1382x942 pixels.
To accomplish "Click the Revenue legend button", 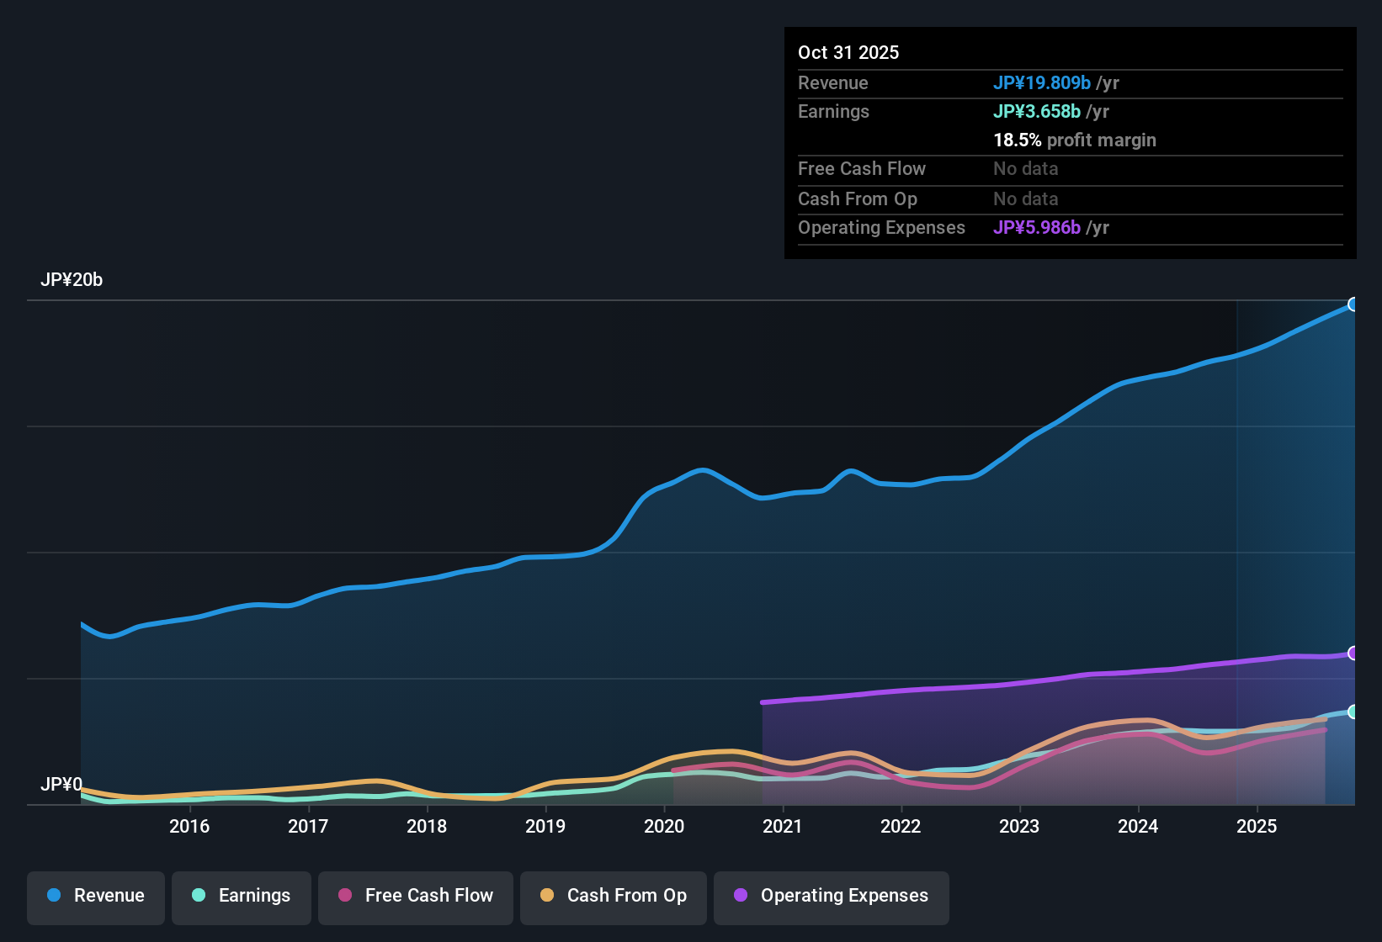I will (96, 896).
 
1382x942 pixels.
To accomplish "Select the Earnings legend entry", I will (242, 896).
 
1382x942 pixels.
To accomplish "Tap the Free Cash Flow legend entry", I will (416, 896).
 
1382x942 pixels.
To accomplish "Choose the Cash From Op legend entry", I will (614, 896).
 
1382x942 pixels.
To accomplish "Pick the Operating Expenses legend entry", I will (832, 896).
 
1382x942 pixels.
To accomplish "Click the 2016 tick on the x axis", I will (189, 827).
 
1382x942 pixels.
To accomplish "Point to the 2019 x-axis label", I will (545, 827).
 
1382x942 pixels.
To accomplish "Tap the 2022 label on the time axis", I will (901, 827).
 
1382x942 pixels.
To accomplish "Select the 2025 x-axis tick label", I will (1257, 827).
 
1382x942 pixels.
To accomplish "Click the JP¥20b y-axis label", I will (72, 280).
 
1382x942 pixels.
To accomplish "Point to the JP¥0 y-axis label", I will (61, 785).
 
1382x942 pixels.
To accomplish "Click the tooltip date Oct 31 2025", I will (848, 53).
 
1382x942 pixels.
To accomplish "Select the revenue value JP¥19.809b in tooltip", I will (1042, 83).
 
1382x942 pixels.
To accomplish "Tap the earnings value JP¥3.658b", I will (1037, 112).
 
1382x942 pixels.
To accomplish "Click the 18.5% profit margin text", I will (1075, 140).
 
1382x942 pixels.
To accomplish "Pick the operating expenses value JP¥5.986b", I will (1037, 228).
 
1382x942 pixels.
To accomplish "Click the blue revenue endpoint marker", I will (1353, 304).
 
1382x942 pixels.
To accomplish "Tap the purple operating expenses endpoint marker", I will (1353, 654).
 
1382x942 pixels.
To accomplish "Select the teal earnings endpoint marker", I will (1353, 712).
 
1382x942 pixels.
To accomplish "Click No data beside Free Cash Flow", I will (1025, 169).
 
